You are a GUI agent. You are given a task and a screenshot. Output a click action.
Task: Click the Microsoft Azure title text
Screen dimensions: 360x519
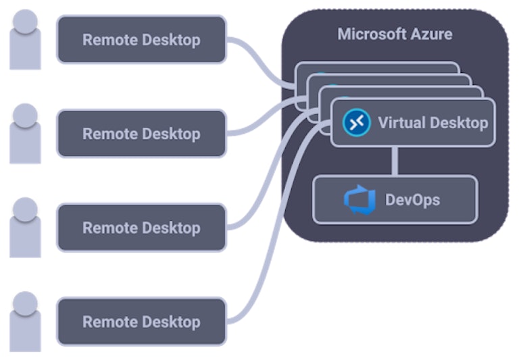pyautogui.click(x=395, y=34)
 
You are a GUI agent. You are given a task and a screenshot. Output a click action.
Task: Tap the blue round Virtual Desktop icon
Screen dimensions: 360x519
pyautogui.click(x=357, y=122)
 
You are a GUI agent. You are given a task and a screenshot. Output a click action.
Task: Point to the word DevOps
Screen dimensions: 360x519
pyautogui.click(x=412, y=200)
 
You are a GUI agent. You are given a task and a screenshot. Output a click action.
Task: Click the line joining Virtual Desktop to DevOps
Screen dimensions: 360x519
pyautogui.click(x=395, y=161)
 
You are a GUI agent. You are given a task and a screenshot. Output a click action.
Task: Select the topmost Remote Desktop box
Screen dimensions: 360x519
pyautogui.click(x=141, y=40)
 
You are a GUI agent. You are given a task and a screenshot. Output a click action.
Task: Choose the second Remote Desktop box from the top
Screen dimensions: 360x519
pyautogui.click(x=141, y=134)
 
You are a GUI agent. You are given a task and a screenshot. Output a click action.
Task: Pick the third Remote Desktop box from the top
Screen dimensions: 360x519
pyautogui.click(x=141, y=228)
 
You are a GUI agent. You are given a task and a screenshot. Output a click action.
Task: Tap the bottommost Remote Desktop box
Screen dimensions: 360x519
pyautogui.click(x=141, y=322)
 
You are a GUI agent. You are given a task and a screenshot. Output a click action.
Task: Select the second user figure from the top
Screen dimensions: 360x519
pyautogui.click(x=26, y=134)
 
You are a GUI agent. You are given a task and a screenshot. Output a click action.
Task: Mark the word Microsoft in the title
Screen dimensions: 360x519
pyautogui.click(x=372, y=34)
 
